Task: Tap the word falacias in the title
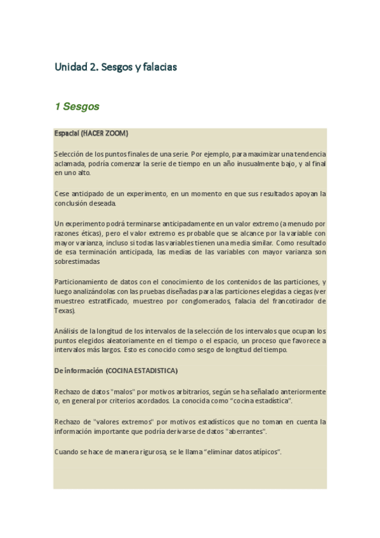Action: pyautogui.click(x=159, y=66)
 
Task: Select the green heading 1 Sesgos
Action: pyautogui.click(x=77, y=107)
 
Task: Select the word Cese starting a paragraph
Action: pyautogui.click(x=62, y=194)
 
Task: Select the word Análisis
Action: pyautogui.click(x=66, y=331)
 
